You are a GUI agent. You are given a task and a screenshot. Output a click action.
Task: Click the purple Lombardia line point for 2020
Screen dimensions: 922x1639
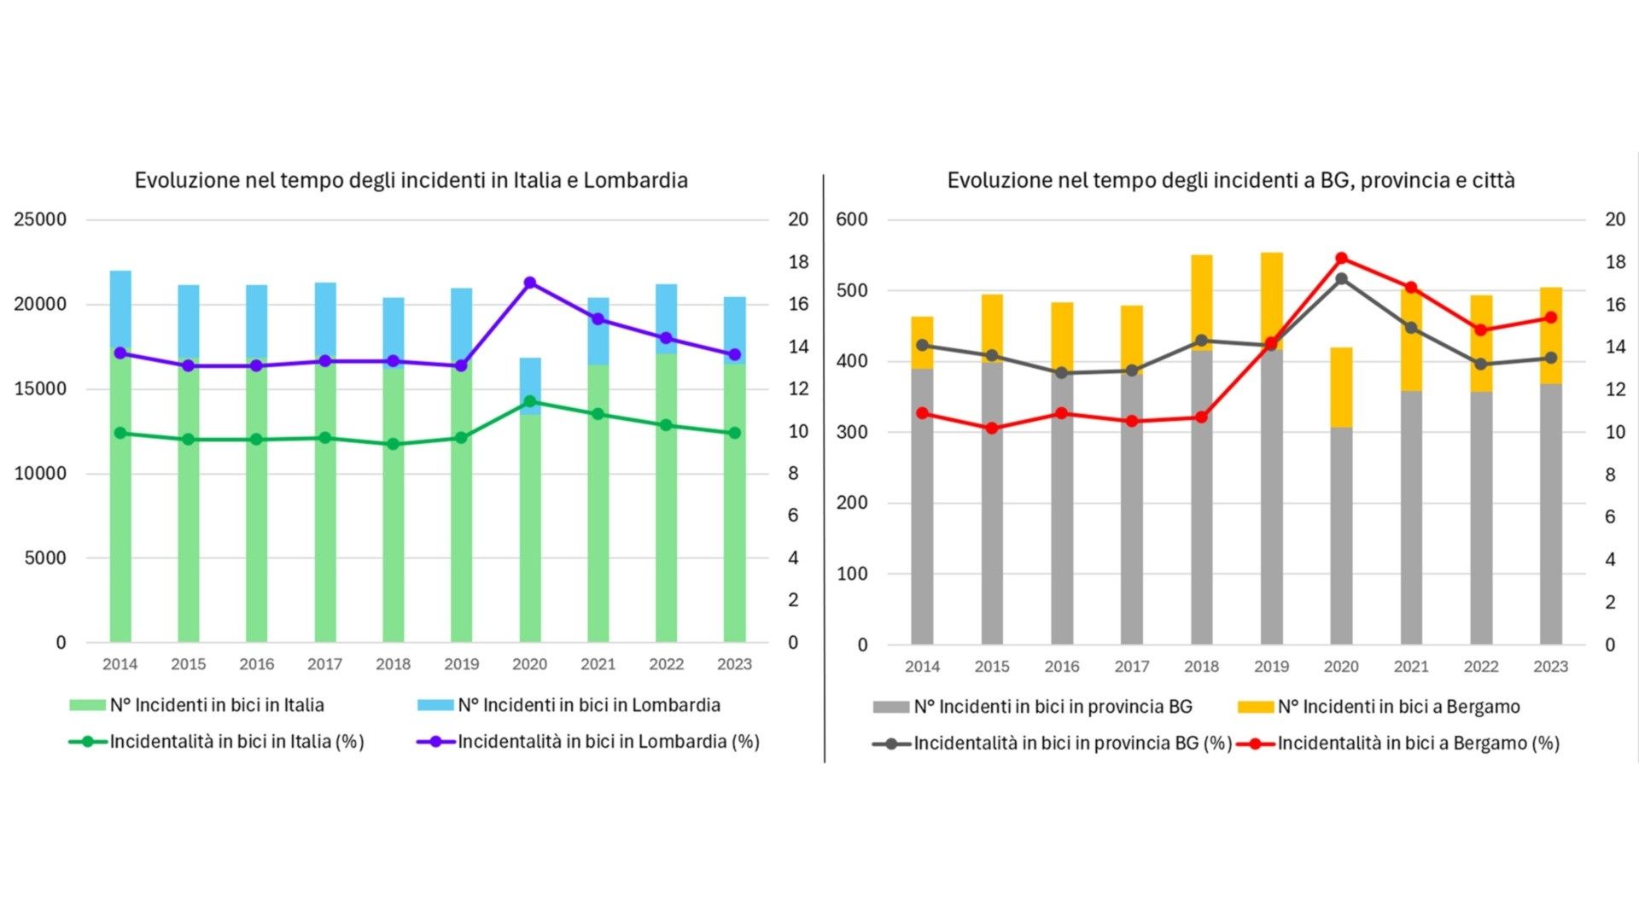tap(530, 283)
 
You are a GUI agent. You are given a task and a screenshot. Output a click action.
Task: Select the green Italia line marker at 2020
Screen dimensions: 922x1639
tap(530, 401)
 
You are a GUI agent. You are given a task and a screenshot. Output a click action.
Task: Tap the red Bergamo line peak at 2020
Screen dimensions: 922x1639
tap(1341, 259)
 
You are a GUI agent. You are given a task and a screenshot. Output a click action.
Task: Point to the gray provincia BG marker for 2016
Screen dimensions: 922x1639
tap(1062, 373)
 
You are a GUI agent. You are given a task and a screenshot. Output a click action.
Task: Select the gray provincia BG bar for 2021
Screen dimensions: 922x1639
tap(1411, 516)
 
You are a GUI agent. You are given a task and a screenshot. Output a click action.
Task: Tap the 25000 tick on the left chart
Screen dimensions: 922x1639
tap(40, 219)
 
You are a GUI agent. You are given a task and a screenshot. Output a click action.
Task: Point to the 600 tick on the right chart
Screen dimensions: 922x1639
tap(852, 219)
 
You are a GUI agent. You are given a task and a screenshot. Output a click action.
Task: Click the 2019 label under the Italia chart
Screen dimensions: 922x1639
tap(461, 664)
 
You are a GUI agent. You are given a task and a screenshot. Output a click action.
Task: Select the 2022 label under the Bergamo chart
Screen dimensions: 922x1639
tap(1481, 667)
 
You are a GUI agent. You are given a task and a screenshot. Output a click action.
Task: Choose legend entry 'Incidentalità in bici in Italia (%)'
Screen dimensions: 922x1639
tap(236, 741)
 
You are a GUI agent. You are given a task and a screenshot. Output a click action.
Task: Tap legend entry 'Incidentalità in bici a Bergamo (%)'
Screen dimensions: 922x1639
tap(1418, 744)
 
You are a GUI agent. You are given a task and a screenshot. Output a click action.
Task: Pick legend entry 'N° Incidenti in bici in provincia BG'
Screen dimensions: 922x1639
tap(1053, 707)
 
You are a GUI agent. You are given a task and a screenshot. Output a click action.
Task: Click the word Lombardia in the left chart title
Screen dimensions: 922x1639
tap(635, 180)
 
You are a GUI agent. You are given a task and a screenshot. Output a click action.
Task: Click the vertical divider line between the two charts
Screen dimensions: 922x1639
tap(824, 470)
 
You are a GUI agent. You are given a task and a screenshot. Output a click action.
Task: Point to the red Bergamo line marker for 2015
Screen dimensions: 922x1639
tap(992, 428)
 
